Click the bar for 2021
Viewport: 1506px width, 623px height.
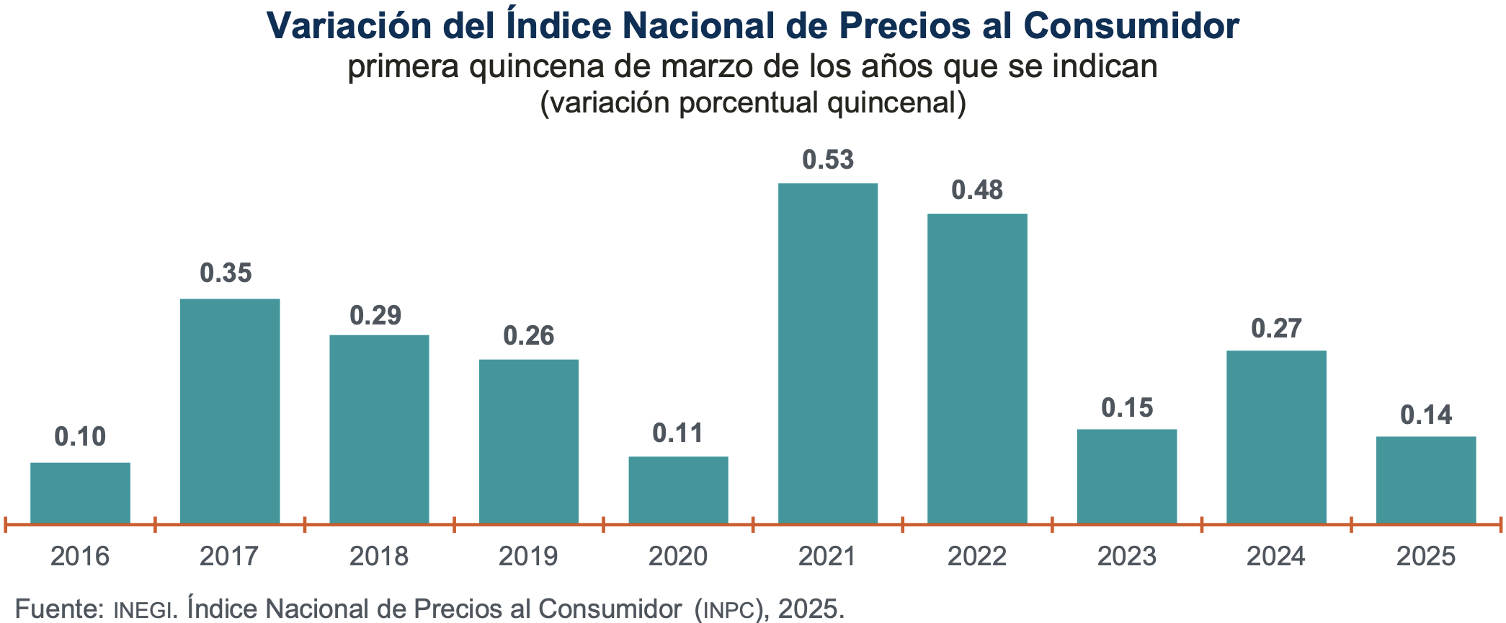point(828,353)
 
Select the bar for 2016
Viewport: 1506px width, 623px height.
point(80,492)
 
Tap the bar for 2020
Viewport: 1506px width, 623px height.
point(678,490)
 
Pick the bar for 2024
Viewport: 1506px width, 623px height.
point(1276,437)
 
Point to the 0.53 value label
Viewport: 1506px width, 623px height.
point(828,160)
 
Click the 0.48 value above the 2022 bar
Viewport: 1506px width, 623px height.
point(977,190)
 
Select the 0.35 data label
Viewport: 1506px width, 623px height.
point(226,273)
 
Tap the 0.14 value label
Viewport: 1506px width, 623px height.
point(1426,415)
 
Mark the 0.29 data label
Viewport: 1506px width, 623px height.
point(375,316)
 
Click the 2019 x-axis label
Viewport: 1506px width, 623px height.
point(528,557)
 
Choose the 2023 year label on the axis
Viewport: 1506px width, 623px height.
point(1126,557)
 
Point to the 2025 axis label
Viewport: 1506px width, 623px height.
point(1426,557)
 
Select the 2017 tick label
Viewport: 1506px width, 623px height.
point(229,557)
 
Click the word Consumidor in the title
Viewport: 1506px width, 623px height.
point(1131,26)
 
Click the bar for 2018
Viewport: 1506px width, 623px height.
point(379,429)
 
